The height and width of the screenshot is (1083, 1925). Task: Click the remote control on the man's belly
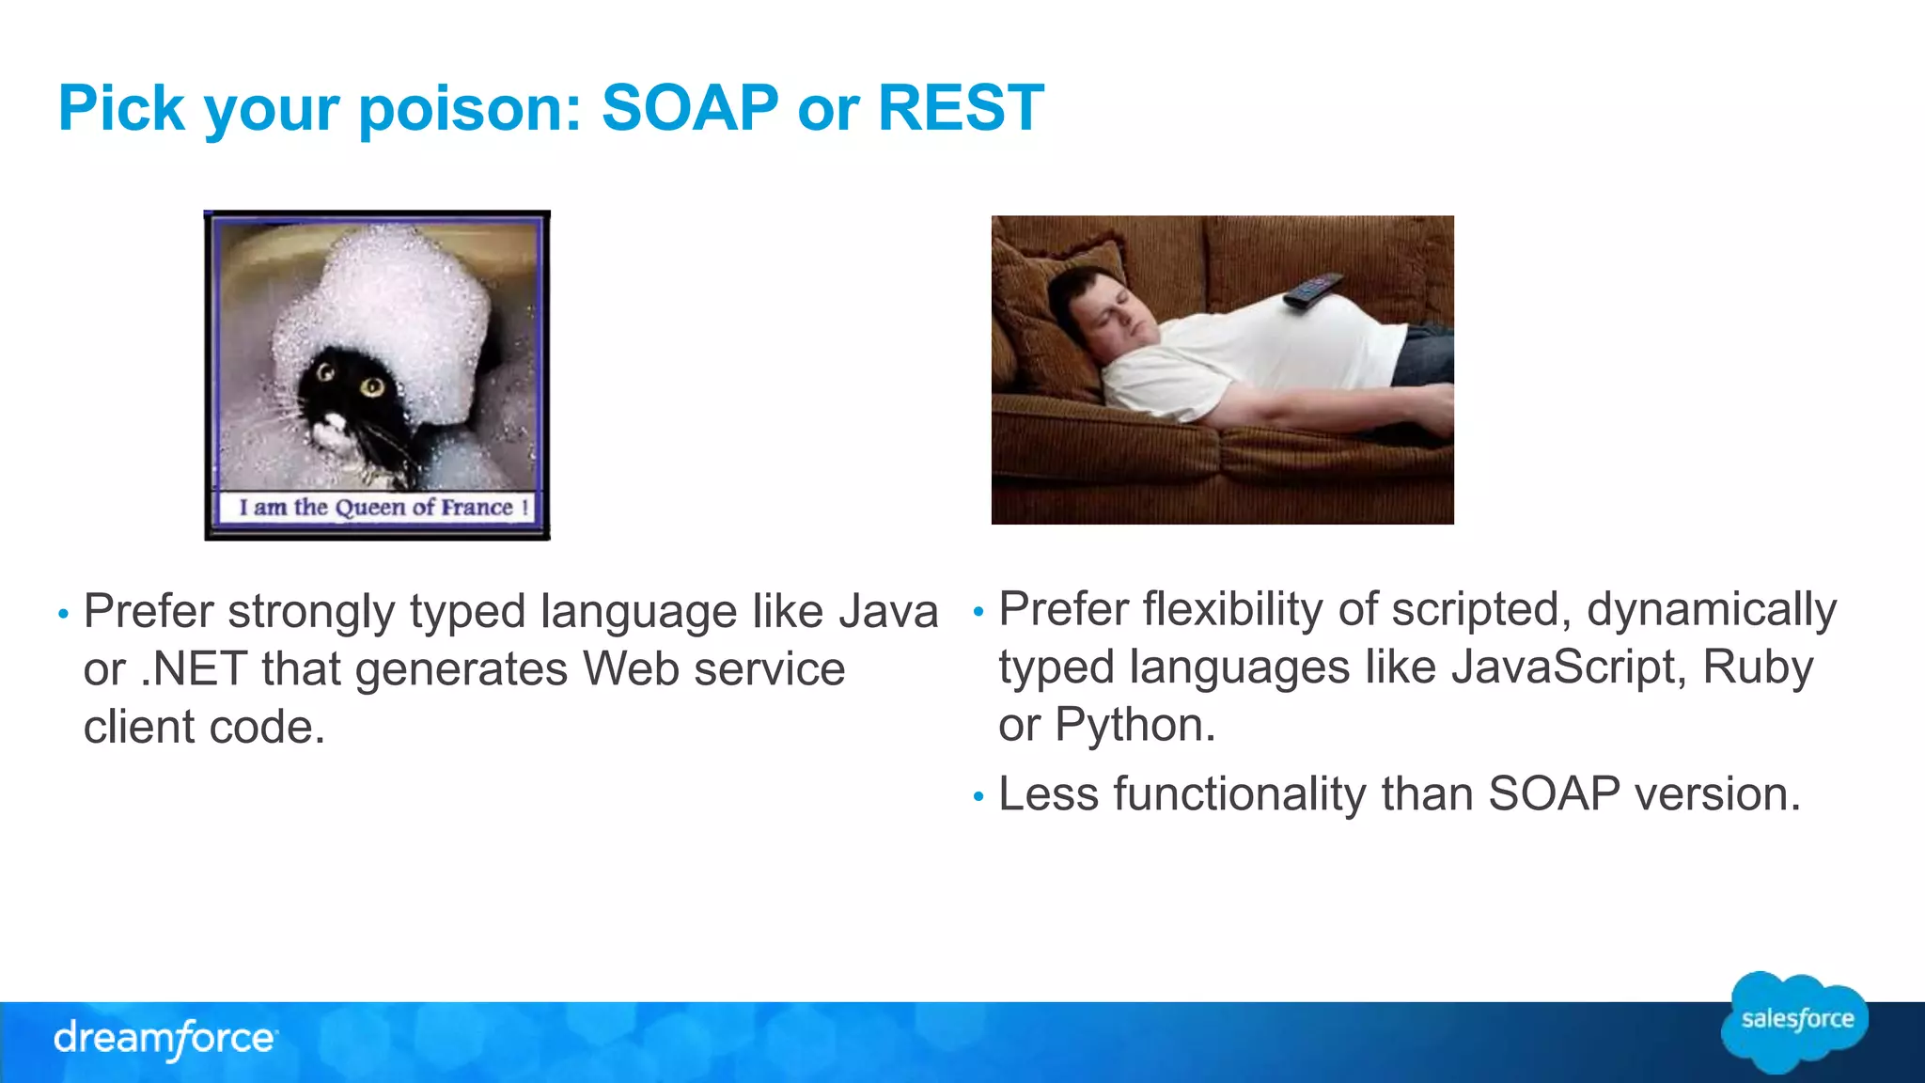(x=1312, y=290)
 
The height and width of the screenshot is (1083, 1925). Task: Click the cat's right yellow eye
(x=373, y=385)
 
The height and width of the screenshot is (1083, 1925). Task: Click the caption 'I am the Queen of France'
(x=377, y=508)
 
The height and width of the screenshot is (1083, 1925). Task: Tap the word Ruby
(x=1757, y=667)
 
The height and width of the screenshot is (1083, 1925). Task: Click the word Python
(x=1135, y=725)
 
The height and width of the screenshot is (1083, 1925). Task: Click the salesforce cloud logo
(x=1795, y=1021)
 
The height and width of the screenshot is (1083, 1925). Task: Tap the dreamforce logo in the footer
(x=165, y=1039)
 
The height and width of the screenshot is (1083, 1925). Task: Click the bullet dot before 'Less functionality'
(x=978, y=797)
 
